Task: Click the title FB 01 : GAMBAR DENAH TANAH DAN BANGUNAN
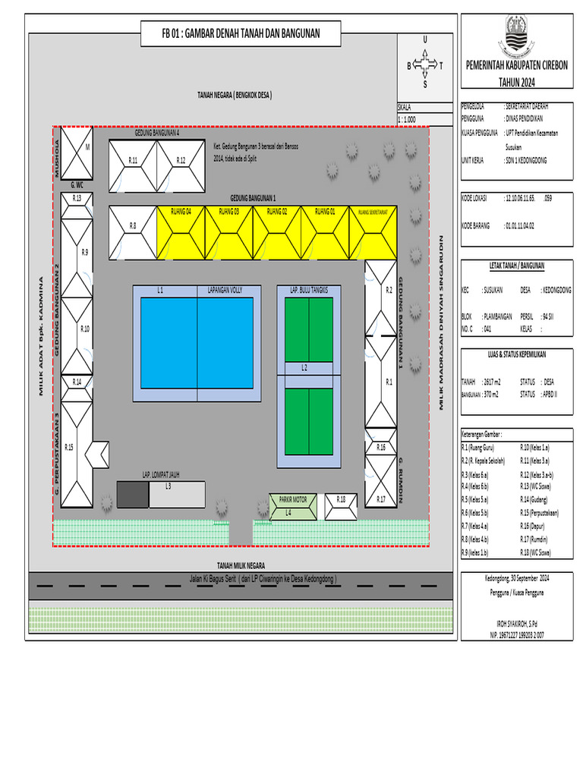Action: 241,33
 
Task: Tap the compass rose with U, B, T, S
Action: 424,64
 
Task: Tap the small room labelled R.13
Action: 77,199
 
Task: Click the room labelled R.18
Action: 341,507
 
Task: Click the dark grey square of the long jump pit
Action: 132,495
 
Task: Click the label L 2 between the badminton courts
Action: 304,368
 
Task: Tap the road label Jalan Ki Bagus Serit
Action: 263,579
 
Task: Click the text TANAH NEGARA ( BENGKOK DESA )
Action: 235,95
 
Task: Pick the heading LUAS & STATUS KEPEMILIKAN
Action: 516,354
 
